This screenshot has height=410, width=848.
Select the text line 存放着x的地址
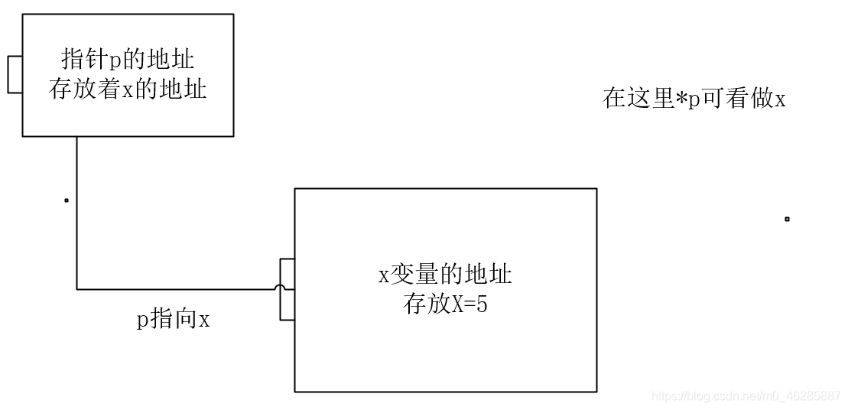point(128,89)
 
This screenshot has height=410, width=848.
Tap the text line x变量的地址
point(445,275)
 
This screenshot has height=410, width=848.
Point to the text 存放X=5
point(445,304)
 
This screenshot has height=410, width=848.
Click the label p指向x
point(173,319)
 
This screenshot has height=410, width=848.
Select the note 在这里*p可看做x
point(694,99)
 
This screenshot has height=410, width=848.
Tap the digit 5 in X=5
point(482,304)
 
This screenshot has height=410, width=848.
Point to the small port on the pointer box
point(15,75)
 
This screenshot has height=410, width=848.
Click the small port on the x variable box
point(288,289)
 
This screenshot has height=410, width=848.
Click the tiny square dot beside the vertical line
point(67,201)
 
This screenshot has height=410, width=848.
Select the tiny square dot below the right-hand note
point(787,220)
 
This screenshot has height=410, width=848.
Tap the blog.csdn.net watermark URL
point(746,396)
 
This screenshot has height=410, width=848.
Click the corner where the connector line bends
point(77,289)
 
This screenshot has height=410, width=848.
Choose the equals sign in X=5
point(469,304)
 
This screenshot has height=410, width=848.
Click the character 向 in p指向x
point(186,319)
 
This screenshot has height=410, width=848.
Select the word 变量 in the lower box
point(415,275)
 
